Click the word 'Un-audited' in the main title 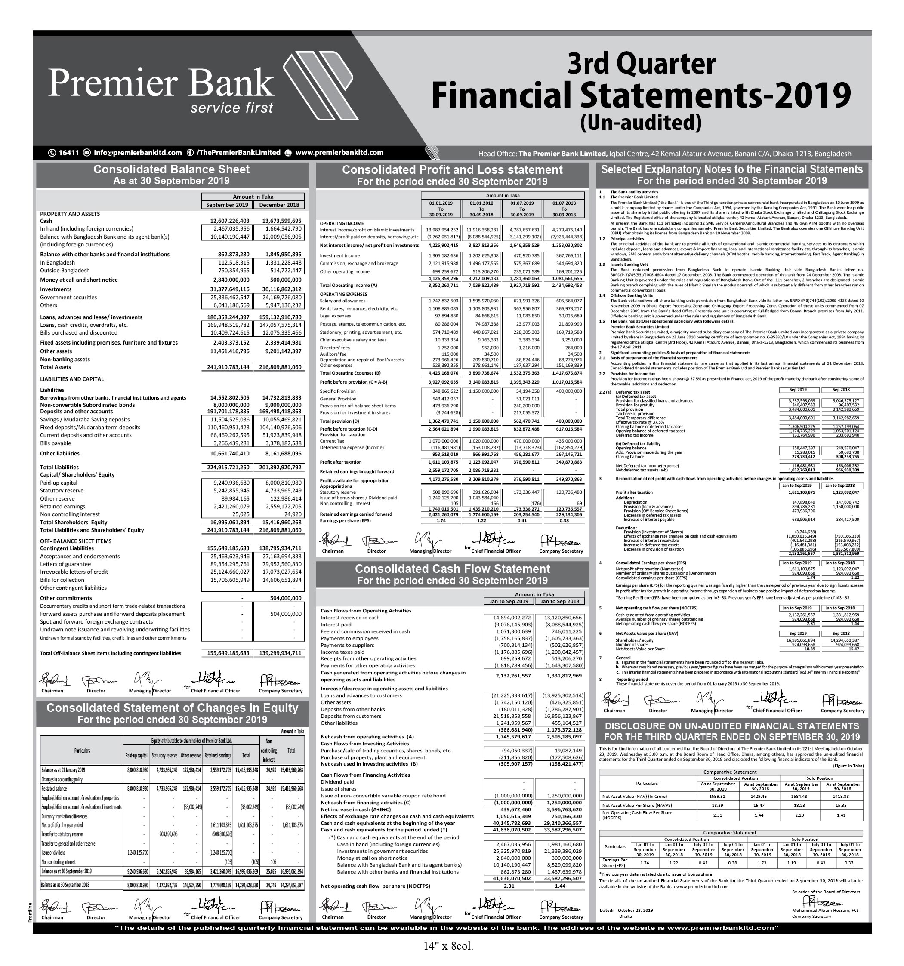pyautogui.click(x=641, y=123)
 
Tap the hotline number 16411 pyautogui.click(x=68, y=153)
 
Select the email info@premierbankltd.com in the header pyautogui.click(x=138, y=153)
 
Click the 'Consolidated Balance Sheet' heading pyautogui.click(x=171, y=169)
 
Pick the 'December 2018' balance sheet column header pyautogui.click(x=279, y=205)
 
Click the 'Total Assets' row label pyautogui.click(x=56, y=367)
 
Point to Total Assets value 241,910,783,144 pyautogui.click(x=228, y=367)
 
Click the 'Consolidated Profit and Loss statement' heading pyautogui.click(x=452, y=169)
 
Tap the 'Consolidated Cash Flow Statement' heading pyautogui.click(x=452, y=569)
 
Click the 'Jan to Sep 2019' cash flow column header pyautogui.click(x=509, y=601)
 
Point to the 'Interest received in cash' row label pyautogui.click(x=350, y=618)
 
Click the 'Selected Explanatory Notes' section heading pyautogui.click(x=731, y=169)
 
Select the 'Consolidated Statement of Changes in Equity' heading pyautogui.click(x=172, y=708)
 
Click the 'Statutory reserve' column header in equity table pyautogui.click(x=164, y=756)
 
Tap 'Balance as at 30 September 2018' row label pyautogui.click(x=65, y=885)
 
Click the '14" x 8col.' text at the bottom pyautogui.click(x=447, y=946)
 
